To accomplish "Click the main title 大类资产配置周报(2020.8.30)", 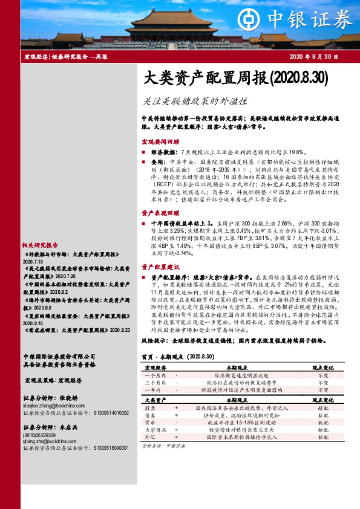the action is tap(235, 78).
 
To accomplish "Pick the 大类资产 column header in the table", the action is tap(155, 400).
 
